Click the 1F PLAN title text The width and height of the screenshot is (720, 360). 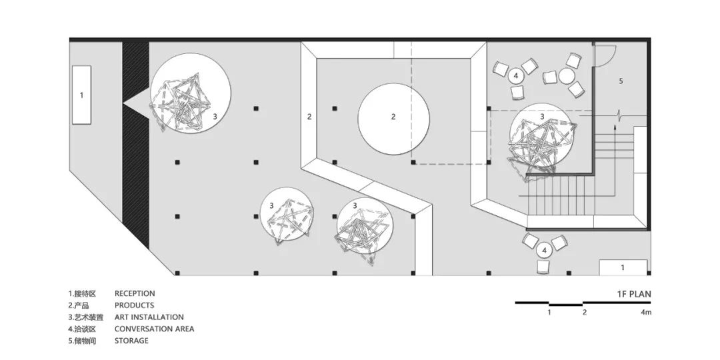(633, 293)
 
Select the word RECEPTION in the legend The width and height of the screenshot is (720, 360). (135, 293)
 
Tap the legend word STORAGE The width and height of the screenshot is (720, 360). (131, 341)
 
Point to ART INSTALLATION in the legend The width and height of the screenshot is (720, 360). (149, 317)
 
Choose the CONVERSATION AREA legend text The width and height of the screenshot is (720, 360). (154, 329)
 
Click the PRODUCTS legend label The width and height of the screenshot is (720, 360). (134, 305)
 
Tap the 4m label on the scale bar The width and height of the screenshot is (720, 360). (646, 312)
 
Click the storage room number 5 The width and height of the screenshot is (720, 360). (620, 81)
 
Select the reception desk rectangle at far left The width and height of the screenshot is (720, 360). (81, 95)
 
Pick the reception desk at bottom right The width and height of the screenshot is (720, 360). (622, 267)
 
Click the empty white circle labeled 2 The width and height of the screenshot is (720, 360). (393, 117)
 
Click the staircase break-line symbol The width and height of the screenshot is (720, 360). (622, 115)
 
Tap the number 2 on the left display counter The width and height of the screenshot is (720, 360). (309, 117)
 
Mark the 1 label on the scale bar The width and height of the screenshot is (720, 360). (549, 312)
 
